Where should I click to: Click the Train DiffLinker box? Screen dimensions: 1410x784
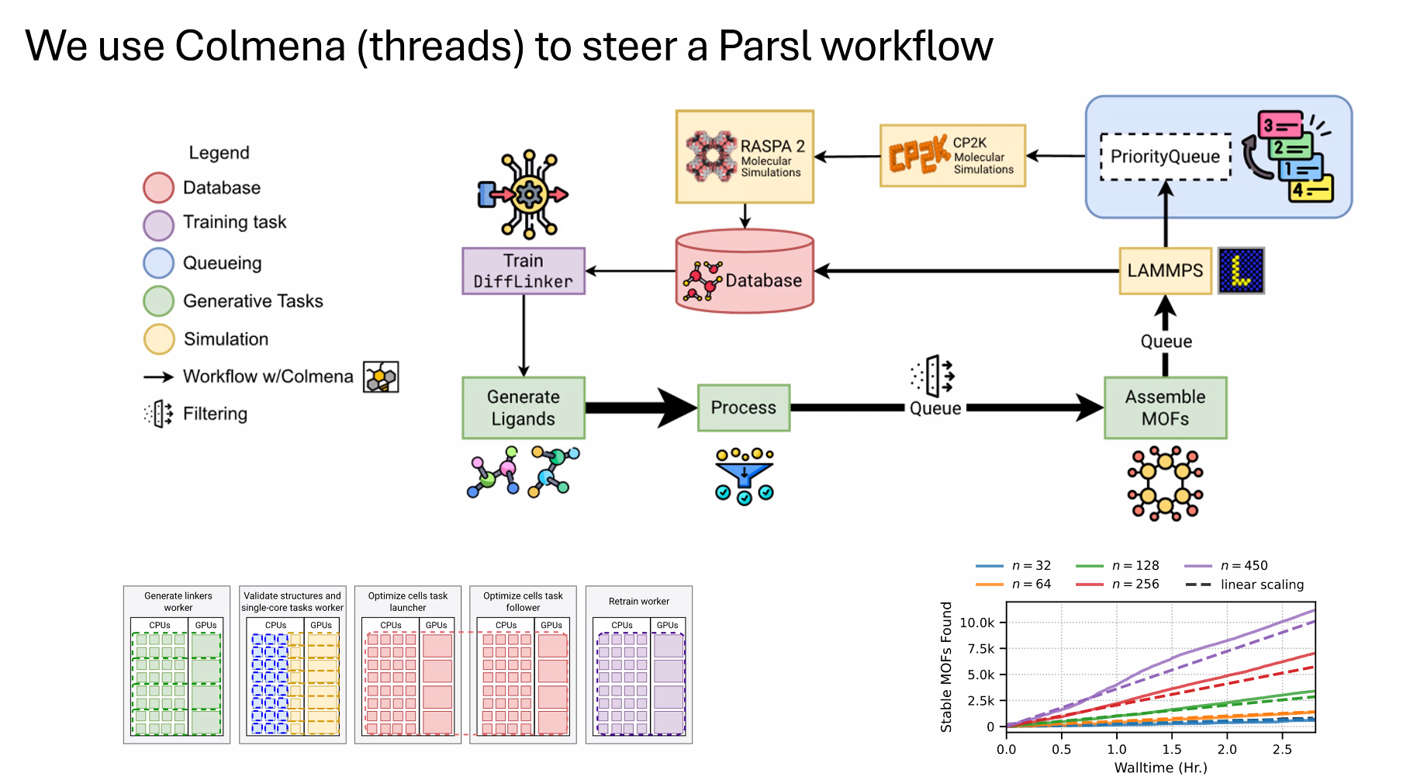point(524,271)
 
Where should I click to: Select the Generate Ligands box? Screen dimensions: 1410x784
point(524,408)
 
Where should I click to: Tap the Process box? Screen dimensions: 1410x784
point(744,408)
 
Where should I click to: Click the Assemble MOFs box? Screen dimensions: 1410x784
point(1166,408)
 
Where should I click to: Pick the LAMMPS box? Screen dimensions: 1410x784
point(1166,271)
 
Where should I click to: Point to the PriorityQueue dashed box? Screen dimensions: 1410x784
point(1166,157)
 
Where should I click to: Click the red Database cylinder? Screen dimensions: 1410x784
point(745,271)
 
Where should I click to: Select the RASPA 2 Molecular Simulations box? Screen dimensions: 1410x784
point(745,157)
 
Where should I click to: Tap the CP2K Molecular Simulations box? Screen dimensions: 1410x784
point(952,156)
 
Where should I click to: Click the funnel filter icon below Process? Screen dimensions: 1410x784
point(745,477)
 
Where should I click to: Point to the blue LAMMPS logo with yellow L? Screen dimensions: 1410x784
point(1241,271)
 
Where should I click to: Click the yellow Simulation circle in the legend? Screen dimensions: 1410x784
point(159,339)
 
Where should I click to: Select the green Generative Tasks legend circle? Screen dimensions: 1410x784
point(159,301)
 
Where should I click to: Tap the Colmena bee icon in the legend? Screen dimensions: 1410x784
point(381,377)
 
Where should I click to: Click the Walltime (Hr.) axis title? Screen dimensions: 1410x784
point(1161,768)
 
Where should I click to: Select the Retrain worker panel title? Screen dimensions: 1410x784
point(639,602)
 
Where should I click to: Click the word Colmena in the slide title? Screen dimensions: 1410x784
point(260,46)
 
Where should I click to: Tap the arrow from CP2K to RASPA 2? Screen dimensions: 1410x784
point(847,157)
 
